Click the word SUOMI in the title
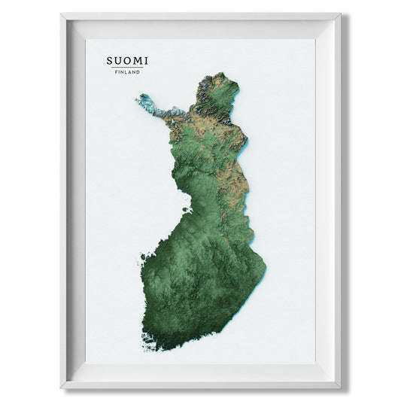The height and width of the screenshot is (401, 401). [128, 59]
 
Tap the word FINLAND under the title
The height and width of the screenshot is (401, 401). [128, 72]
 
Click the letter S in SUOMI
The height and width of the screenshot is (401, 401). [111, 59]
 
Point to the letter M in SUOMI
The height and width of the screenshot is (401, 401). [138, 59]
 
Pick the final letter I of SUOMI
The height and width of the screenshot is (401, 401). [147, 59]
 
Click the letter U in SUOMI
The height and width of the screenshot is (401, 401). [119, 59]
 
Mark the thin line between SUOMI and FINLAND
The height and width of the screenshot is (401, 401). [128, 67]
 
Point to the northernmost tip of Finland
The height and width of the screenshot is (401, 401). [220, 74]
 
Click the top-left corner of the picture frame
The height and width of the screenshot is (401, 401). [62, 13]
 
